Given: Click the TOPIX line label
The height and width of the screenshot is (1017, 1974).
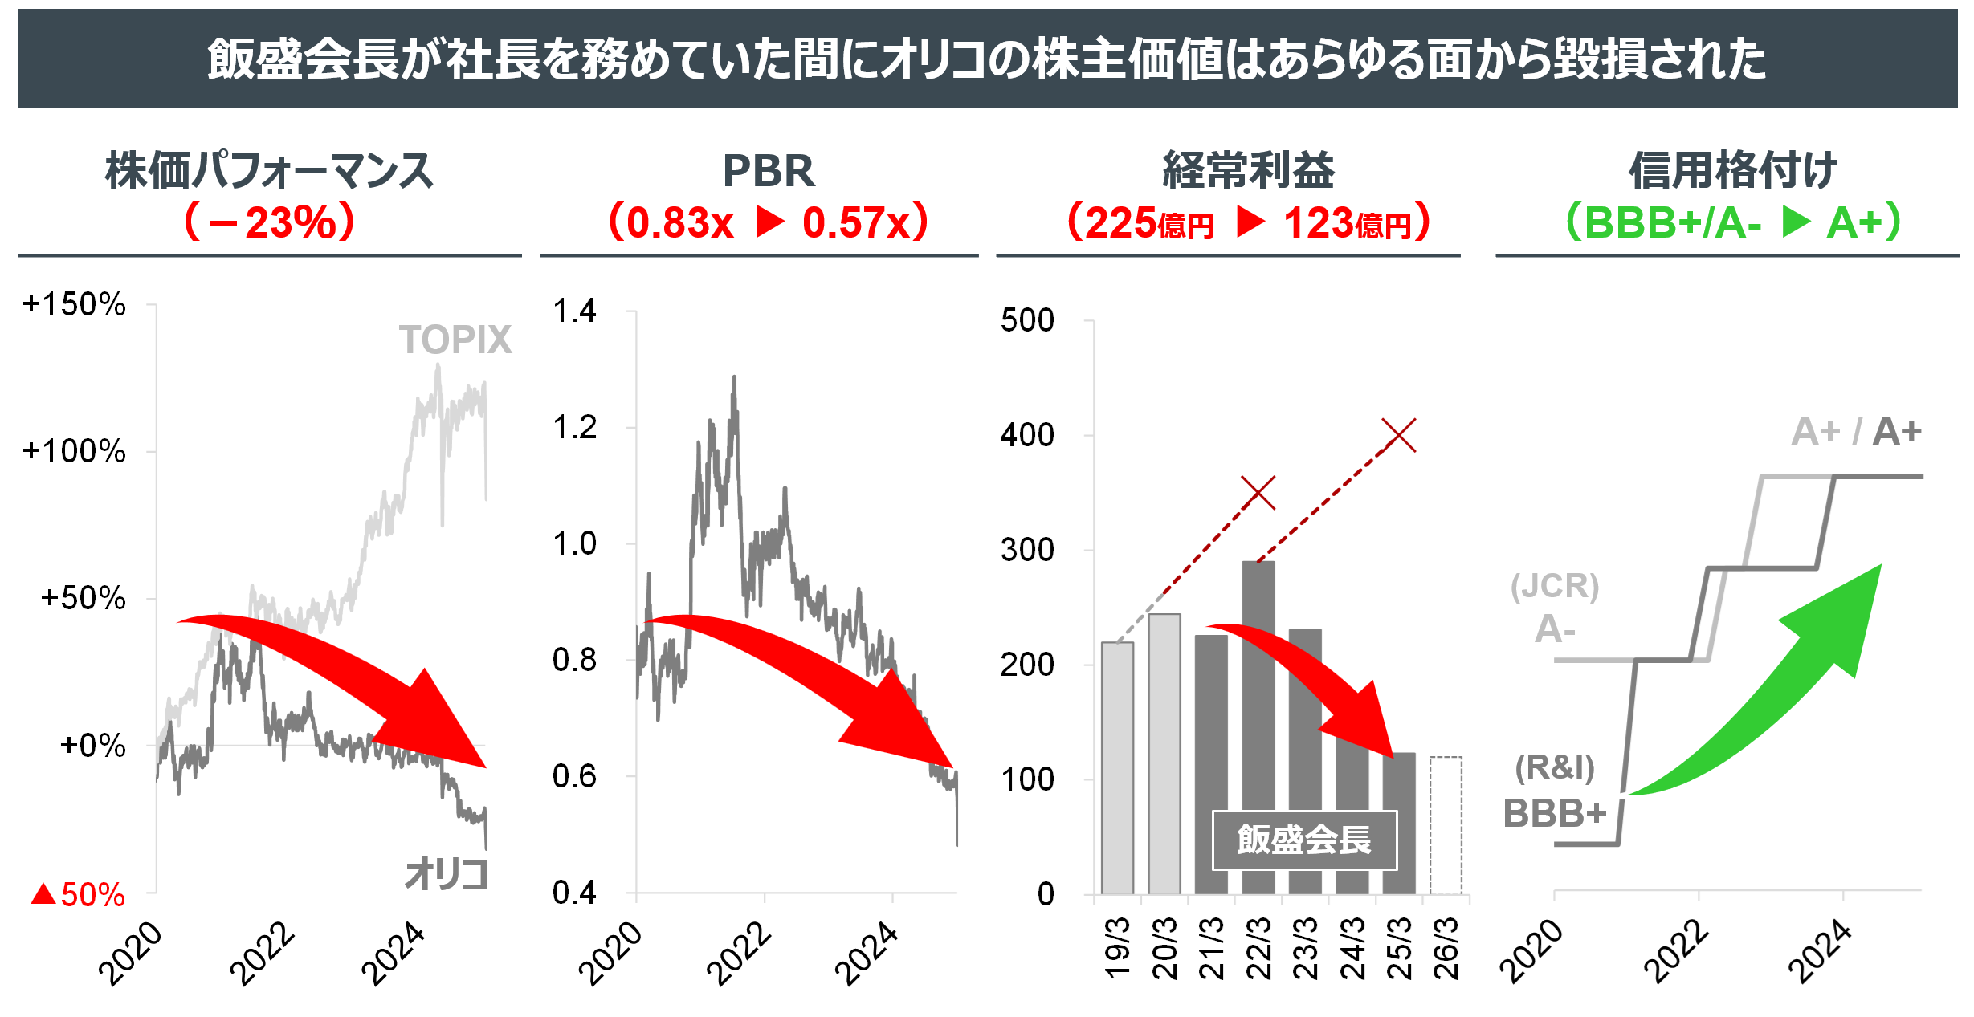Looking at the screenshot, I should point(455,340).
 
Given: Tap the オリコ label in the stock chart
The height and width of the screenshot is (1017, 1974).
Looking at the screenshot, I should point(446,874).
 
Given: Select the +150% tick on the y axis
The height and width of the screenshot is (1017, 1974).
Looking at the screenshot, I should point(74,304).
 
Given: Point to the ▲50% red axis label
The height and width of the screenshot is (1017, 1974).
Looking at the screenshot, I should point(78,894).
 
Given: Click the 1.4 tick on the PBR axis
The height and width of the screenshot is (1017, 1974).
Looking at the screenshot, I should point(574,311).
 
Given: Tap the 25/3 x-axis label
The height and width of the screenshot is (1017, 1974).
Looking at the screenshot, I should point(1399,950).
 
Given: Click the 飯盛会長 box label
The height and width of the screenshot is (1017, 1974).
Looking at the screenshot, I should point(1304,840).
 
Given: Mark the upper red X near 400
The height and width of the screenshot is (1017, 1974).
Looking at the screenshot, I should point(1399,435).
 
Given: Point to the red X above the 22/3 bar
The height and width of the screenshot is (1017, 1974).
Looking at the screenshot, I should point(1258,492).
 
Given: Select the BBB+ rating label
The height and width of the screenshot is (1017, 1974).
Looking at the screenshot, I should point(1555,814).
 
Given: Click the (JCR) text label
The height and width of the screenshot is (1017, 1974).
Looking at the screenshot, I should point(1555,586).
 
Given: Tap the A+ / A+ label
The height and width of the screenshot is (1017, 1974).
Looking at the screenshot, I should point(1856,432).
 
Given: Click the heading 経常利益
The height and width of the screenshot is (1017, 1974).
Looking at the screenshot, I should point(1248,171).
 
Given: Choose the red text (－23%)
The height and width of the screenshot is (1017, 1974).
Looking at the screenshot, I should point(270,222).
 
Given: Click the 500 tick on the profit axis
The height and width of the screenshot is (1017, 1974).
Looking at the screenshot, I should point(1027,320).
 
